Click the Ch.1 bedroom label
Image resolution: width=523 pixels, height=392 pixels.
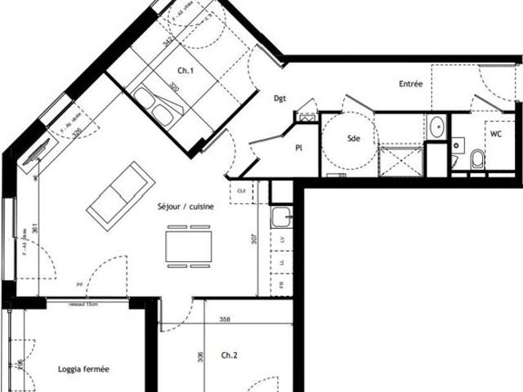186,72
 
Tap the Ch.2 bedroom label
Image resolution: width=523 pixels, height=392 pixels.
230,355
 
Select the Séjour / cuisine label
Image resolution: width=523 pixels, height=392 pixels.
186,207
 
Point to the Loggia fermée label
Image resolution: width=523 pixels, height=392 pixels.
84,369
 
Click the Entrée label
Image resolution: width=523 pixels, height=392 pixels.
411,84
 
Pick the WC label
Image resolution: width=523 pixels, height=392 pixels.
497,133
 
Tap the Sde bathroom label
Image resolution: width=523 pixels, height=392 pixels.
354,139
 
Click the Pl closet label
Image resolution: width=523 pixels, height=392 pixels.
299,148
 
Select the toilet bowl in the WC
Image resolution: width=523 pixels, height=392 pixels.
478,158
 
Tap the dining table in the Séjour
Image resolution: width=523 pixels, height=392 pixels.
189,246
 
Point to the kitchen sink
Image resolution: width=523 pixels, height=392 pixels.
282,217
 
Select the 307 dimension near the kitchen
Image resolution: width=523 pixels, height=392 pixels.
254,240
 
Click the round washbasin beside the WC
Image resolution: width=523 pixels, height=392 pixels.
437,127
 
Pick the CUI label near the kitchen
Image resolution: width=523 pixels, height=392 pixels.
241,190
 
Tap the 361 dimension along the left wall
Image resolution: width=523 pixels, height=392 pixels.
25,231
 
